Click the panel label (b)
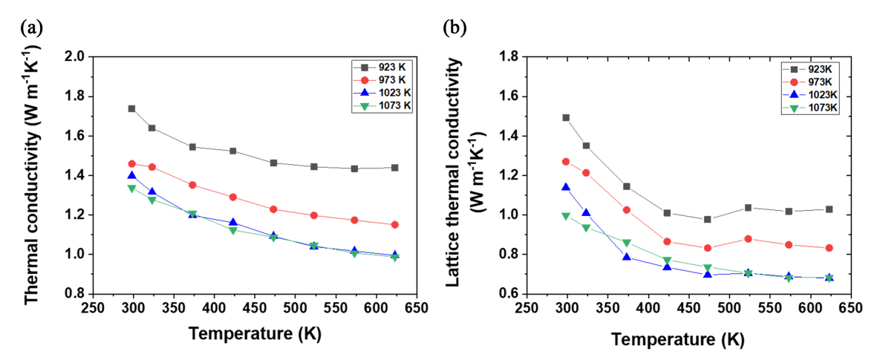tap(454, 28)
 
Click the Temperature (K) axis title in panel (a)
tap(254, 334)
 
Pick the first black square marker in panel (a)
tap(131, 108)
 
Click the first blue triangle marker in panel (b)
tap(567, 188)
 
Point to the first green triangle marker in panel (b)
tap(567, 216)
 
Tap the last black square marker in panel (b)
tap(829, 209)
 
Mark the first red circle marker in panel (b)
tap(567, 161)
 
